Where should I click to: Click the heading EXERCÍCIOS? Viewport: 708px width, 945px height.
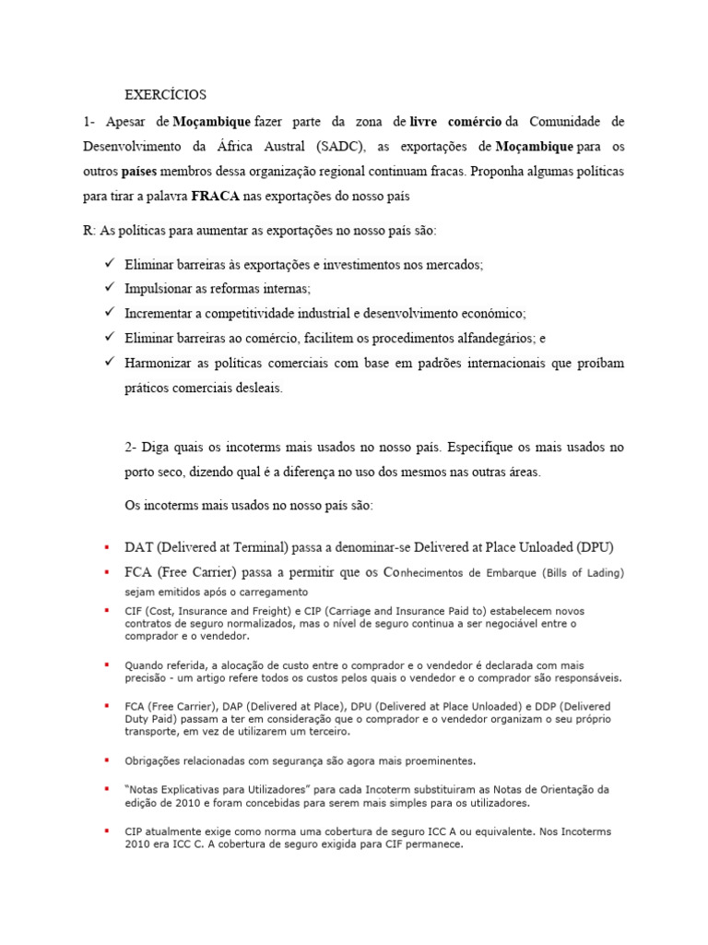166,94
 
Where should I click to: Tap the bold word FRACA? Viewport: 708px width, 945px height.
217,197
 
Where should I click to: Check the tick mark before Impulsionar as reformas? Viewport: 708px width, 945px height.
111,288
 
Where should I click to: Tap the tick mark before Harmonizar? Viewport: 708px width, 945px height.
111,364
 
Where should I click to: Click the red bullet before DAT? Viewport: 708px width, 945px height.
108,547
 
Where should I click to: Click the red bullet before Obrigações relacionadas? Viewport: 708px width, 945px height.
108,761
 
